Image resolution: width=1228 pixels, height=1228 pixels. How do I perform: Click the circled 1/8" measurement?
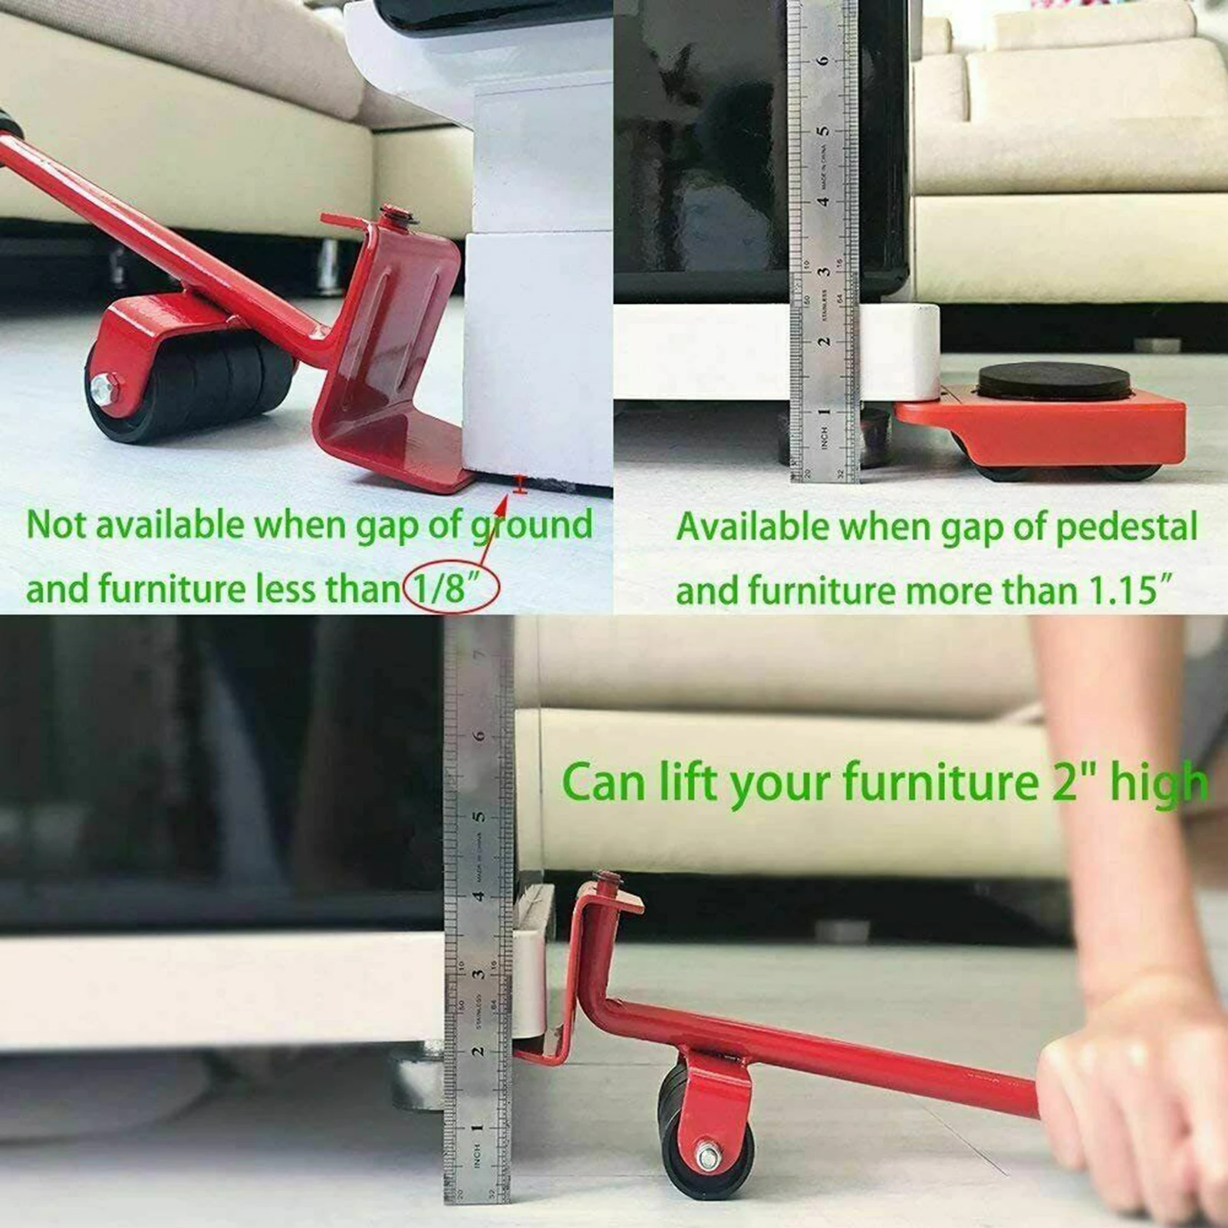click(x=451, y=589)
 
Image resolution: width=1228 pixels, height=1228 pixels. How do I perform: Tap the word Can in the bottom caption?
click(x=603, y=782)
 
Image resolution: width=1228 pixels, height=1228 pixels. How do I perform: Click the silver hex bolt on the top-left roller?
click(x=103, y=388)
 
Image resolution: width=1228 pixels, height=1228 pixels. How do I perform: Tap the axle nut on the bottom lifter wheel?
click(x=707, y=1154)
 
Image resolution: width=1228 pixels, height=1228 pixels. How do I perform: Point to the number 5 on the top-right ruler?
click(x=822, y=130)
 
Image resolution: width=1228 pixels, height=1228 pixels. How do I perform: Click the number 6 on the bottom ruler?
click(x=479, y=735)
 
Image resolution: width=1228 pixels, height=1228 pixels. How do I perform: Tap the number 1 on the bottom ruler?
click(x=477, y=1128)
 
